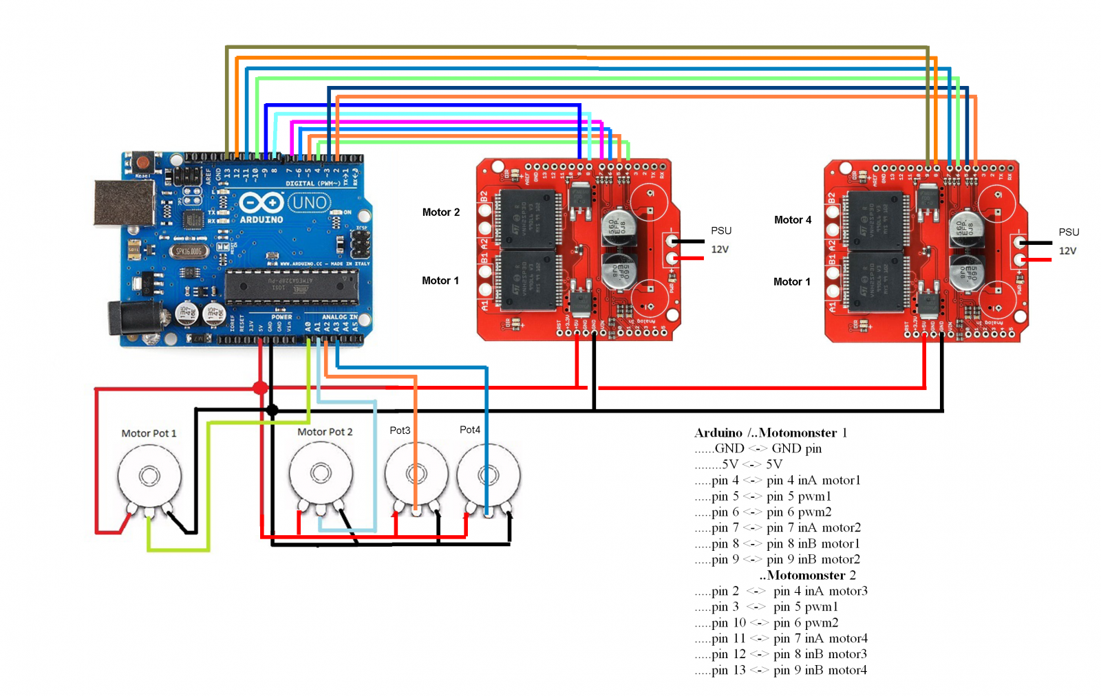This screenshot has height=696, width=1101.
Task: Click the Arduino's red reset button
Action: coord(143,163)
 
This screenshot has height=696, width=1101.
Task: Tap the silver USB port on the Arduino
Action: coord(124,203)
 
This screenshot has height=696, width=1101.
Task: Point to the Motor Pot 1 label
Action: coord(149,433)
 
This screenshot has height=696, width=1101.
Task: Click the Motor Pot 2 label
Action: coord(325,432)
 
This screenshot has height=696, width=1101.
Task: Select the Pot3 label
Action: coord(400,431)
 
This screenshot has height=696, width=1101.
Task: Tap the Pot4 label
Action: coord(470,430)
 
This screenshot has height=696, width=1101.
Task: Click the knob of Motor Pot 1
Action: coord(149,475)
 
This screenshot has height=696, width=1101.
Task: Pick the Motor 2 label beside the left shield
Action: coord(441,213)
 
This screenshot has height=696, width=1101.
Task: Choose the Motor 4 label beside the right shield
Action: coord(793,220)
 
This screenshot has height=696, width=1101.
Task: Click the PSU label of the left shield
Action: coord(721,230)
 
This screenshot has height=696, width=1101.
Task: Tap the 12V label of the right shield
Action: coord(1067,251)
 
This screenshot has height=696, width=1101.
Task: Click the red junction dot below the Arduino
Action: coord(260,388)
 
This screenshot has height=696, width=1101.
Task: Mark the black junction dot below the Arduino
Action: coord(272,411)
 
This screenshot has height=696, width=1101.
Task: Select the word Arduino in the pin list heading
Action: coord(718,433)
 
